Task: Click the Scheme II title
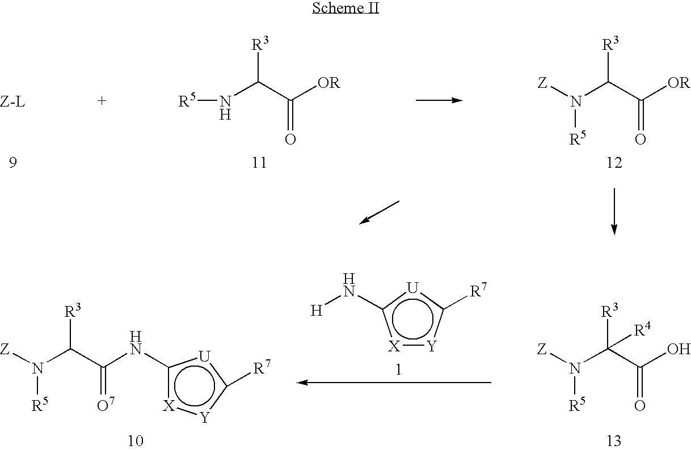coord(345,10)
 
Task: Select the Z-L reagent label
coord(12,102)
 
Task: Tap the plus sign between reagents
coord(102,102)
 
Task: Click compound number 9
coord(12,163)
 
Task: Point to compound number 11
coord(258,163)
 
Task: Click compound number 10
coord(136,440)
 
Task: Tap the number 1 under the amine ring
coord(398,370)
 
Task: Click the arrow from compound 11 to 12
coord(439,100)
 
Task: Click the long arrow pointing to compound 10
coord(394,383)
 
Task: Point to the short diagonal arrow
coord(380,212)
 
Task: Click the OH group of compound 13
coord(679,349)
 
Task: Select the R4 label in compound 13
coord(642,330)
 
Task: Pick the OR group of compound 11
coord(329,83)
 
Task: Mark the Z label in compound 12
coord(543,84)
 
